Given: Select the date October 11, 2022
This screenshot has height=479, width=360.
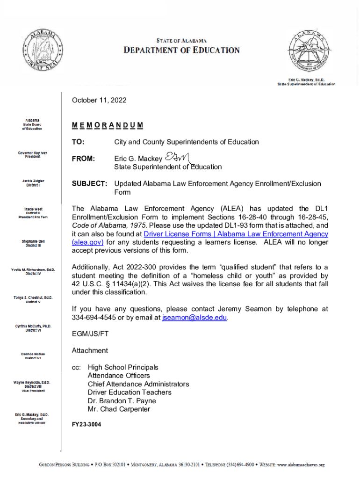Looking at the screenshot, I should (99, 101).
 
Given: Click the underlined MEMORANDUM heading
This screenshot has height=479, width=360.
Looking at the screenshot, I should (108, 126).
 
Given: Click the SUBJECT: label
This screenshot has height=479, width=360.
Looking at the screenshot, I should (90, 184).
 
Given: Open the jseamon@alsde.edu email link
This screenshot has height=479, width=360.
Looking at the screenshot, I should (194, 318).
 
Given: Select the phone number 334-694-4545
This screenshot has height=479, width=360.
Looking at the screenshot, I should (93, 318).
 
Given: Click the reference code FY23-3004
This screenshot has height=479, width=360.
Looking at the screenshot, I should (86, 425).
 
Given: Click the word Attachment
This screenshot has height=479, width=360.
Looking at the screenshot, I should (90, 350).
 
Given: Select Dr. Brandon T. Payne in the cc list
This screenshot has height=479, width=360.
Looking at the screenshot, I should (122, 401).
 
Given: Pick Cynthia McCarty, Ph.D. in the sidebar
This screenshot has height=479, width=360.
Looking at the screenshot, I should (33, 326).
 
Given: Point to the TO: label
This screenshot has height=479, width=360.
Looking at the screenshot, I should (78, 142).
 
